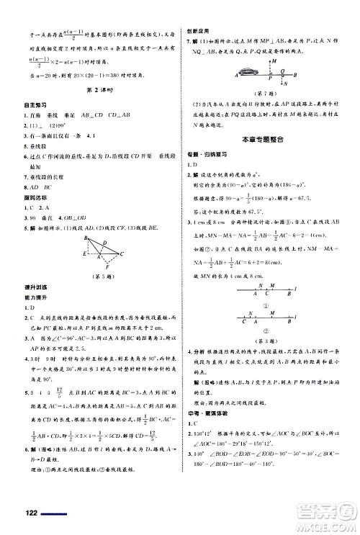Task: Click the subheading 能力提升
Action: pos(29,297)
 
